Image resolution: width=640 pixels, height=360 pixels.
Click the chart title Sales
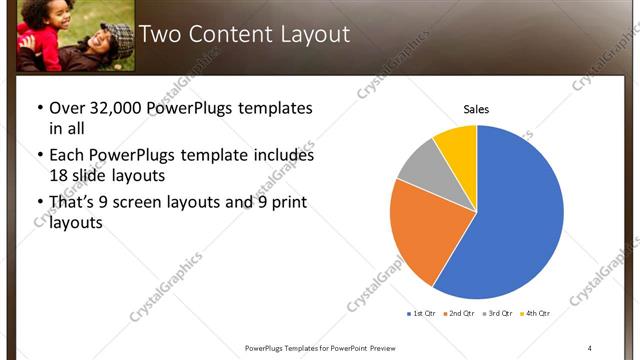point(476,109)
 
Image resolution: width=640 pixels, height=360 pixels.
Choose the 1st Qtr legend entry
point(422,313)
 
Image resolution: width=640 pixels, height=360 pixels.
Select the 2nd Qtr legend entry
point(460,313)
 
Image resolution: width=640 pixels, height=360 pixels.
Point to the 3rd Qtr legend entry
point(499,313)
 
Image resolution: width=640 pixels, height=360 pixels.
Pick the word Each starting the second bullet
point(68,155)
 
